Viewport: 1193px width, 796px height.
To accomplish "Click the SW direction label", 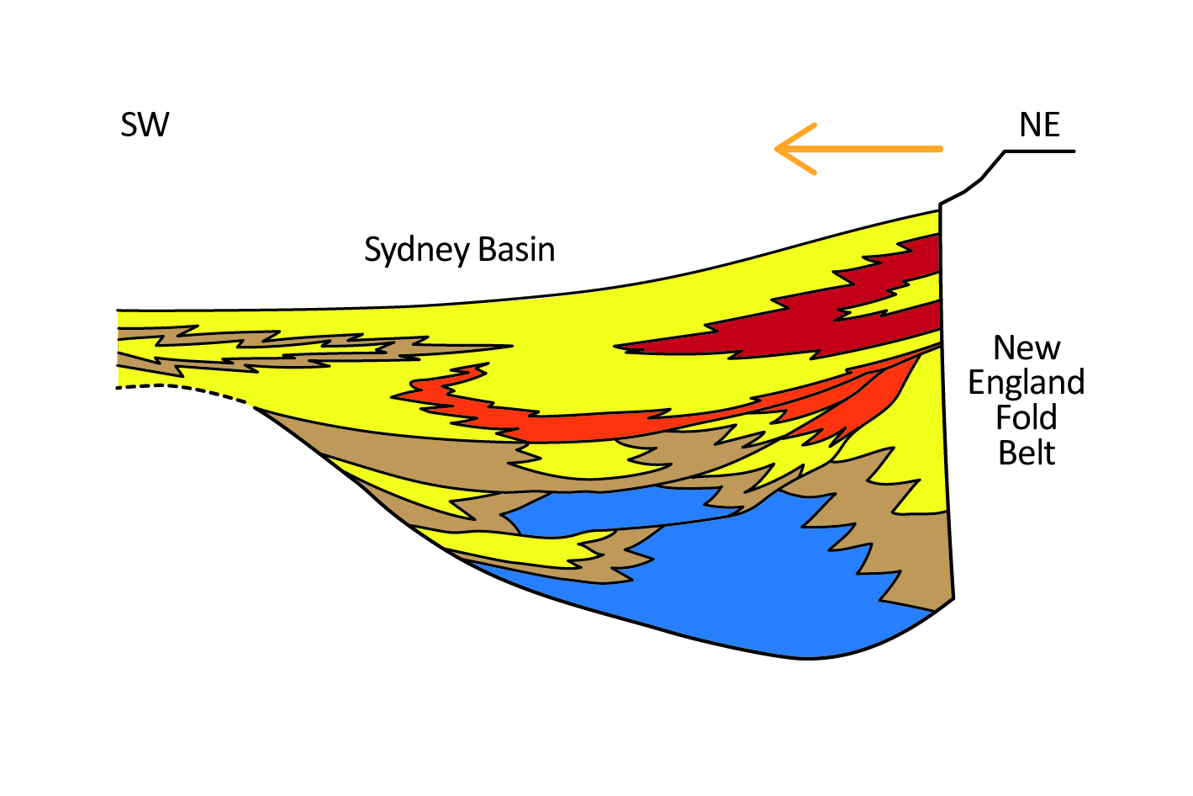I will point(145,125).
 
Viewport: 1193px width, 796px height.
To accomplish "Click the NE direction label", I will point(1039,125).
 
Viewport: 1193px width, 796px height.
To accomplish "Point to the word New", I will point(1027,348).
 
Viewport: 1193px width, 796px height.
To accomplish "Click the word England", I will point(1026,383).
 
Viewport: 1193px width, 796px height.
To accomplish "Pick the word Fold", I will point(1026,418).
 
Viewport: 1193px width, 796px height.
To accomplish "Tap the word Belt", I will point(1027,454).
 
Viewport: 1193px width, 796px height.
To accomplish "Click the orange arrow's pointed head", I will point(779,149).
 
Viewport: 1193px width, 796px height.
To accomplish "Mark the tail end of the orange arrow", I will point(939,149).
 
